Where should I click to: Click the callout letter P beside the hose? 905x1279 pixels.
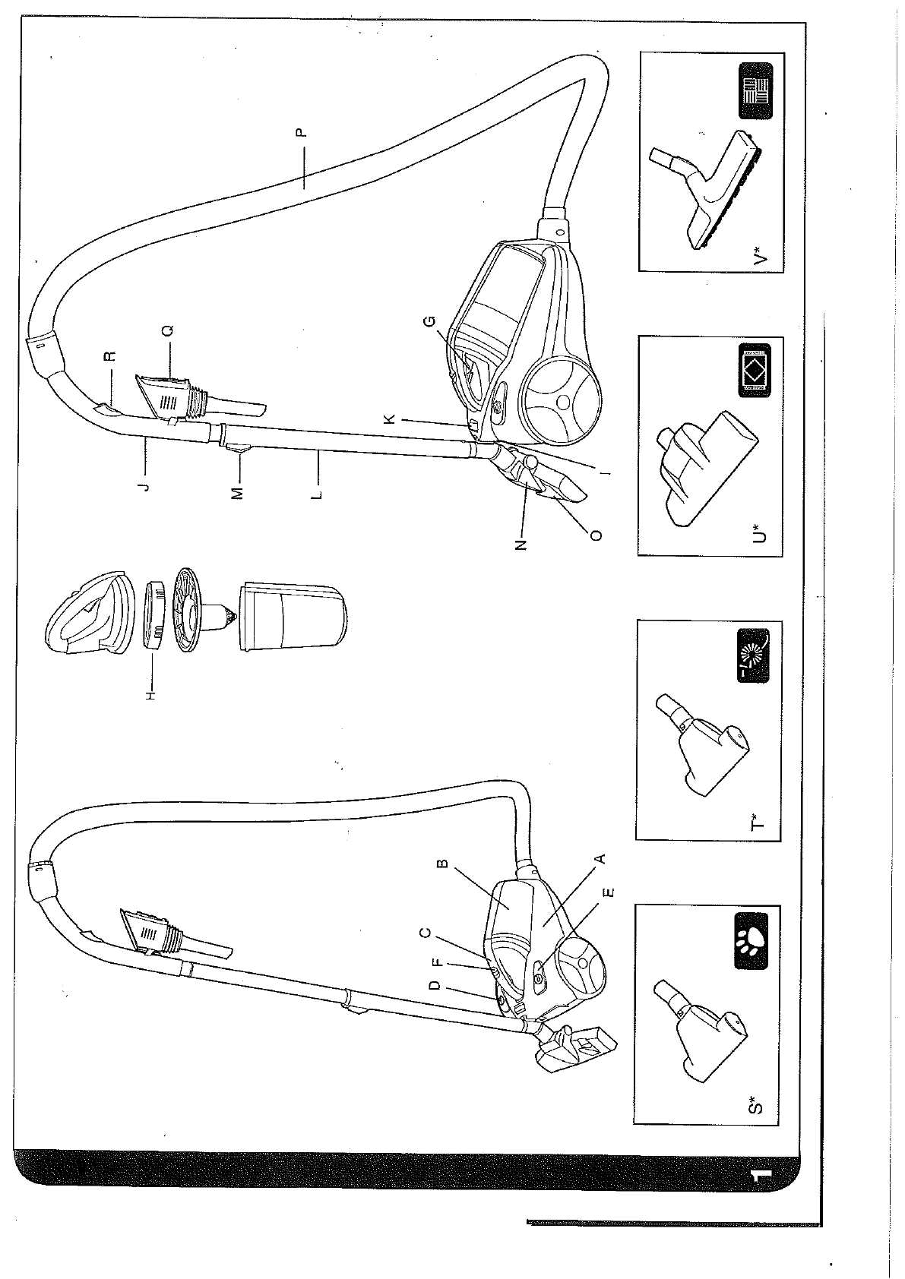tap(301, 132)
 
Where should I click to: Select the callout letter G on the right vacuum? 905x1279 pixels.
tap(430, 321)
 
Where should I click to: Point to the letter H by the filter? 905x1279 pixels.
tap(151, 693)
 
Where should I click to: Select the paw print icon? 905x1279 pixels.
tap(752, 942)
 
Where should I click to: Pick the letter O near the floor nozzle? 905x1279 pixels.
tap(596, 535)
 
